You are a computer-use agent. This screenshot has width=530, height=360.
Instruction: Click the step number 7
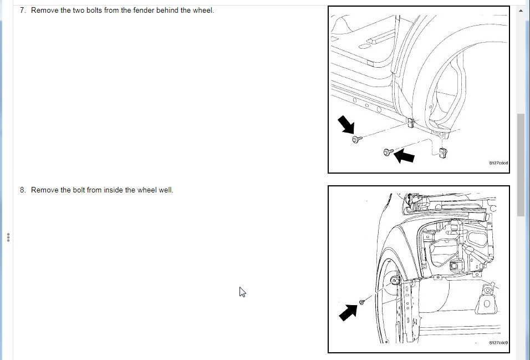22,11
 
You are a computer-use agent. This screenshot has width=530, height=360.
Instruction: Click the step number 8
22,190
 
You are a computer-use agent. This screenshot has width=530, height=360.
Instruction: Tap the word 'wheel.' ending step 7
203,11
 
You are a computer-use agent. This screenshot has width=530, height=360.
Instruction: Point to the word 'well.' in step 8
166,190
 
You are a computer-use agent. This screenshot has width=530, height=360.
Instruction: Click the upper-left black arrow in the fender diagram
346,124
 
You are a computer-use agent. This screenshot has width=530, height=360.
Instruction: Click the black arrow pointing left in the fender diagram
404,156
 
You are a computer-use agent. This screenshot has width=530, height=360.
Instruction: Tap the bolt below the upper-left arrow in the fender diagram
357,139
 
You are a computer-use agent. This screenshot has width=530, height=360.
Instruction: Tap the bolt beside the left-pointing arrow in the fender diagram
389,152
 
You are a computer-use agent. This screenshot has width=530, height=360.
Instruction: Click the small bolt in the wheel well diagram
361,302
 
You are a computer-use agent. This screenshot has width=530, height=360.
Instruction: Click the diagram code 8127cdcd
498,163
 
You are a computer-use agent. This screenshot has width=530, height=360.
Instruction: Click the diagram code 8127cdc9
498,343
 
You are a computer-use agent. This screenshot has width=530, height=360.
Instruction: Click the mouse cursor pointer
242,292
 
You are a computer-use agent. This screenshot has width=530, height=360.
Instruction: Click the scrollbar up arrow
521,11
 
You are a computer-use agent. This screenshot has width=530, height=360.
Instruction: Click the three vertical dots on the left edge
8,237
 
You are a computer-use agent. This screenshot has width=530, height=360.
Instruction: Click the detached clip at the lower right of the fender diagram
442,153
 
